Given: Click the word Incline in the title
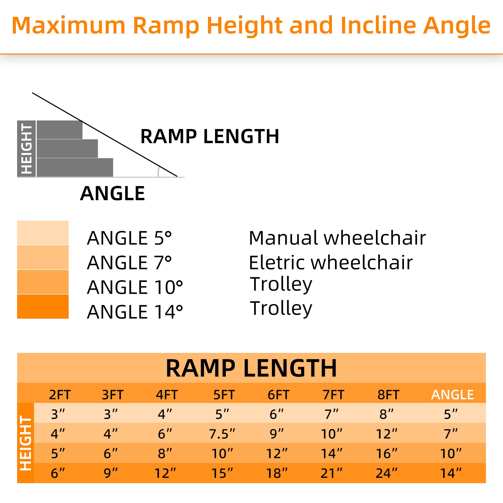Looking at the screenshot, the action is (378, 25).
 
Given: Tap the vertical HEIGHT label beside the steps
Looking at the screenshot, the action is (26, 149).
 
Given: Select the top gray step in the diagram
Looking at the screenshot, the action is (59, 130).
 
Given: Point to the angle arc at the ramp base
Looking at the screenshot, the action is (158, 172).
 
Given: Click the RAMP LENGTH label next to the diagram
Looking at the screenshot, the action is (209, 136).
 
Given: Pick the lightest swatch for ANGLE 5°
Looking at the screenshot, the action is (43, 233).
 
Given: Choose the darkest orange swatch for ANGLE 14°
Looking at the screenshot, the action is (43, 306).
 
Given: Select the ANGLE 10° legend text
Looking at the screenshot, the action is (135, 287).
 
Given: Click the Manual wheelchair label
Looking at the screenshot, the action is (337, 238).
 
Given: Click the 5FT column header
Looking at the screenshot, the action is (224, 395).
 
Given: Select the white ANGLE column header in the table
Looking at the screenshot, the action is (452, 395).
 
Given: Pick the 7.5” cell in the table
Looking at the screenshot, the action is (222, 434).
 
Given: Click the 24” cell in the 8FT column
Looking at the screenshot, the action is (386, 473).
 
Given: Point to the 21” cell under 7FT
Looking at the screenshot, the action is (331, 473).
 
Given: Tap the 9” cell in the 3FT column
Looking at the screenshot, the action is (110, 473).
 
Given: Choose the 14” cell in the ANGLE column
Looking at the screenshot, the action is (450, 473).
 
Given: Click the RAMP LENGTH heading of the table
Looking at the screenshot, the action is (251, 368).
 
